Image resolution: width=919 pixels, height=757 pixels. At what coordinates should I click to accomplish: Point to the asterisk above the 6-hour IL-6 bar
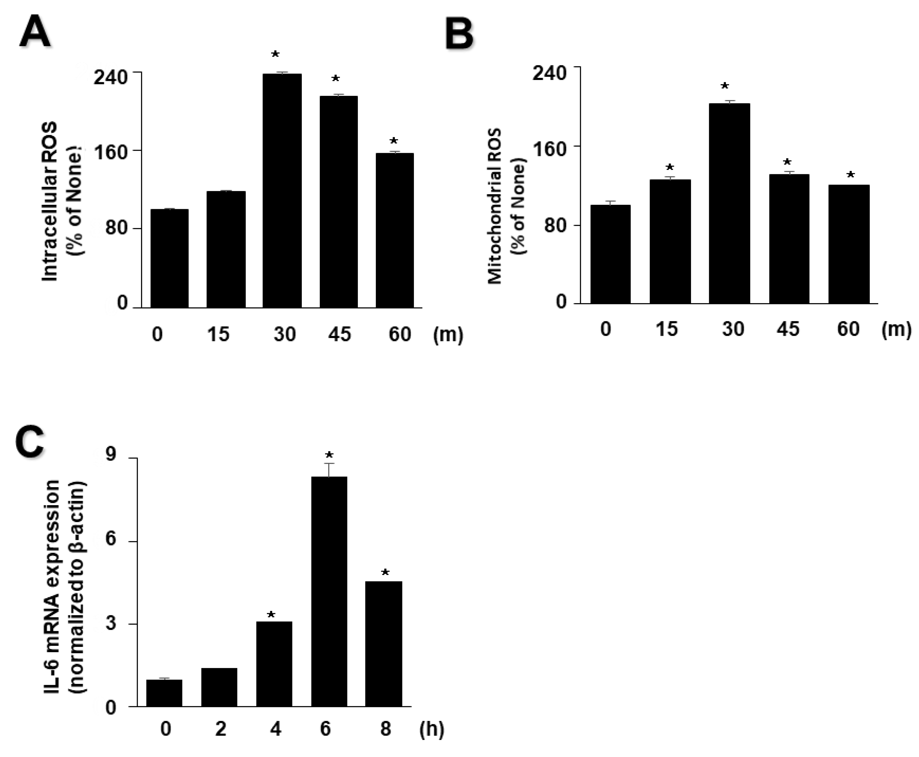329,456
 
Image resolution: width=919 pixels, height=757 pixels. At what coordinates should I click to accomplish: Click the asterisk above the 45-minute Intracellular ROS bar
335,79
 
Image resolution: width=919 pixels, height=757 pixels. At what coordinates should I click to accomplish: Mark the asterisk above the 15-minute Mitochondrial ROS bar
670,168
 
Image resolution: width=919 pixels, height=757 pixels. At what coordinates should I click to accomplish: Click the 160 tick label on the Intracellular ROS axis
111,153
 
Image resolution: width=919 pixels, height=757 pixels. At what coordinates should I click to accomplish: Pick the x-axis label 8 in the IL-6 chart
385,729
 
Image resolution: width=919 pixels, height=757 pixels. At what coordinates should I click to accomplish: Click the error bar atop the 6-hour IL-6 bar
329,469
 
